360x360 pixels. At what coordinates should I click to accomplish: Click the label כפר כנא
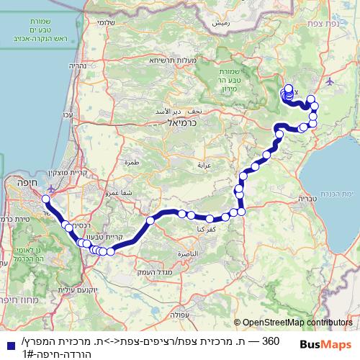pyautogui.click(x=203, y=228)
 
